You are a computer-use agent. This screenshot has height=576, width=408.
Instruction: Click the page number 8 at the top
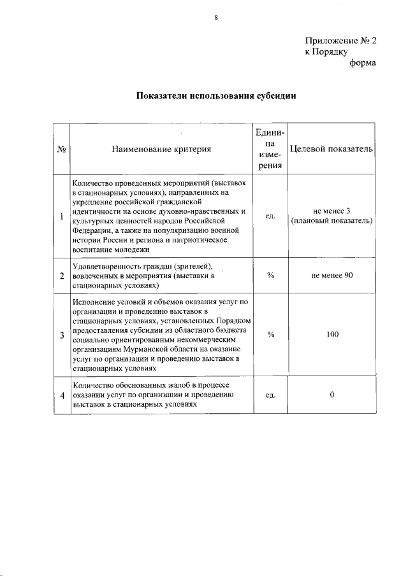point(215,18)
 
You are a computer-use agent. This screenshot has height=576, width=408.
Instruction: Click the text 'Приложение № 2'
point(340,40)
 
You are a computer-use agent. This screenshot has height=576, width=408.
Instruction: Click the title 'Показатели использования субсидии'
point(216,96)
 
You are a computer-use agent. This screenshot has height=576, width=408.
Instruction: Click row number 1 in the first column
point(62,216)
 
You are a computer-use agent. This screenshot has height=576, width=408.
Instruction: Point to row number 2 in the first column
point(62,276)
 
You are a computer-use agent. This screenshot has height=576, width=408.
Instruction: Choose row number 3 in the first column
point(62,335)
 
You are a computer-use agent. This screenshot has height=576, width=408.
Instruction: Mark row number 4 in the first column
point(62,395)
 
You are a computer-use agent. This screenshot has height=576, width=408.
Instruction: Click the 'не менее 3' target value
point(331,211)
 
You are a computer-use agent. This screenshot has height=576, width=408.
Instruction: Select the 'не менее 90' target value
point(331,275)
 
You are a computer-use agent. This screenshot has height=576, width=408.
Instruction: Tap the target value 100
point(331,334)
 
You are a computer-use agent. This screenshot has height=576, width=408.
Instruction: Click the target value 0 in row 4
point(331,395)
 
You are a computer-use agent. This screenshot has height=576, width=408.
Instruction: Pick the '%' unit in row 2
point(270,275)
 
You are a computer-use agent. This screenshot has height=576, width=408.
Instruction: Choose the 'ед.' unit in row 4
point(270,395)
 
